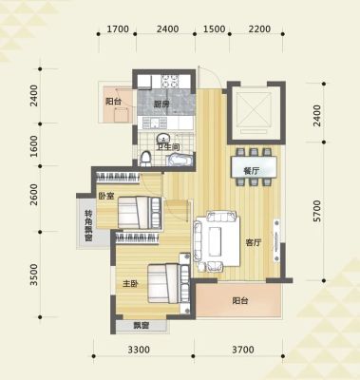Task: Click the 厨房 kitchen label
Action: coord(161,104)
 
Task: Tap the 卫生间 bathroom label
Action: coord(169,147)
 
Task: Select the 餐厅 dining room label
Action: coord(252,171)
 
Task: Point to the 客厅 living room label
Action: coord(254,243)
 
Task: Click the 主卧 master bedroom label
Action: coord(130,284)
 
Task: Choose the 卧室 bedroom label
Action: coord(106,196)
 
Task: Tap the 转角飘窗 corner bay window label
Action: coord(88,226)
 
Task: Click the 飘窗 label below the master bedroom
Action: coord(141,325)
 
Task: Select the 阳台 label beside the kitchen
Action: coord(113,102)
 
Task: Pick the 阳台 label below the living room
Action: coord(240,300)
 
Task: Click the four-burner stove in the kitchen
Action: coord(171,81)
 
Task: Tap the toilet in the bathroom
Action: coord(145,159)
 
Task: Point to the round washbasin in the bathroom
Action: coord(163,139)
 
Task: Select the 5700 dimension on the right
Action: coord(317,211)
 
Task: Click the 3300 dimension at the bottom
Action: coord(139,350)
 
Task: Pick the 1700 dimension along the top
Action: coord(118,29)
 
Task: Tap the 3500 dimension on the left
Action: coord(33,275)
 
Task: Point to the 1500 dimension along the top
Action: coord(214,29)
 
